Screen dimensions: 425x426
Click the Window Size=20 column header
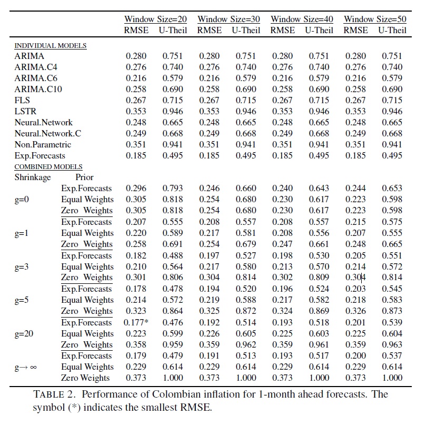[155, 19]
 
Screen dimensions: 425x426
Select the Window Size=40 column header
[302, 19]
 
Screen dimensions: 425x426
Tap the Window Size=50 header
[375, 19]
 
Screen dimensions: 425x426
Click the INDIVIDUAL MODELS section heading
[50, 46]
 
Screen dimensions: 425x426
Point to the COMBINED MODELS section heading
[48, 167]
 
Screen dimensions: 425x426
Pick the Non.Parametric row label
[43, 144]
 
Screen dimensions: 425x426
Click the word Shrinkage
[33, 177]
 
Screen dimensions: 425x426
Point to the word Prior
[84, 177]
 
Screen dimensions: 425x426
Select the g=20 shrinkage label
[25, 333]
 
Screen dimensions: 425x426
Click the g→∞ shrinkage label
[26, 367]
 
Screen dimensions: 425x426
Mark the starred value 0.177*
[137, 322]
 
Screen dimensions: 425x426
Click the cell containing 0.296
[135, 189]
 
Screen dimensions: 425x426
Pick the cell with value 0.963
[392, 345]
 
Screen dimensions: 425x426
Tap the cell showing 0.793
[172, 189]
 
